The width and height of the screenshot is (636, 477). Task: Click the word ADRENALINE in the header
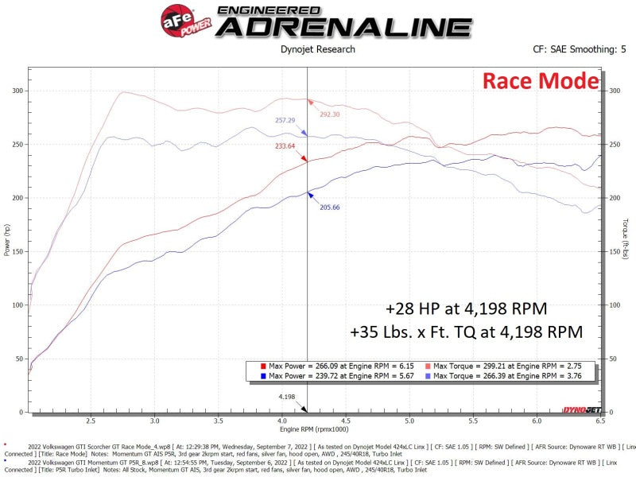[x=344, y=26]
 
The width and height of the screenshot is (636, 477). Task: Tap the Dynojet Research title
[x=318, y=49]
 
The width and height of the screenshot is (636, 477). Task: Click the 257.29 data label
[x=285, y=120]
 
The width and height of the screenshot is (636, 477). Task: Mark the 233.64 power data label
[x=285, y=145]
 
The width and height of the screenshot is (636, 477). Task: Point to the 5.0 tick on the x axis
[x=409, y=421]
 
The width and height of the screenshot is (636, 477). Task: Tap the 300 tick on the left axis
[x=17, y=91]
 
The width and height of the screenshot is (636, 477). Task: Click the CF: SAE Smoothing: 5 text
[x=574, y=49]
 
